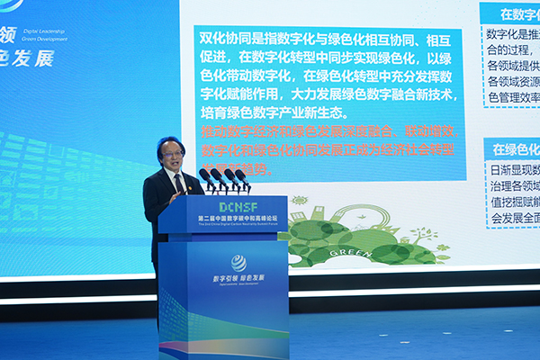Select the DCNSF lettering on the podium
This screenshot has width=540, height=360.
pos(222,206)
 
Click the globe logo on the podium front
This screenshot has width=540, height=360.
pos(238,263)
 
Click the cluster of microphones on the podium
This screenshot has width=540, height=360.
pos(224,177)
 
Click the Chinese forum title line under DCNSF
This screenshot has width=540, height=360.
pos(223,219)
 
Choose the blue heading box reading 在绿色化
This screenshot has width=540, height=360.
pos(514,148)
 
